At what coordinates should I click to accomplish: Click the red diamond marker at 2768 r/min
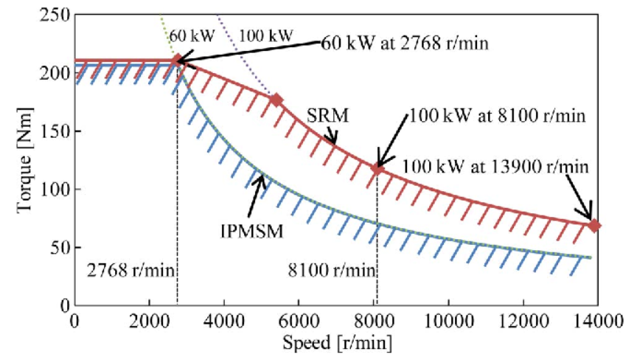coord(177,60)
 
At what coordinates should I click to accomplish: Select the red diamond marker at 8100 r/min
coord(377,169)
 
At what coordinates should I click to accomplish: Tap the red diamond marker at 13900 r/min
coord(594,225)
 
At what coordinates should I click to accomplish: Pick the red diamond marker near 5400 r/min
coord(276,100)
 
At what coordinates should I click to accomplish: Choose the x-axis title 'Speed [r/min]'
coord(336,343)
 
